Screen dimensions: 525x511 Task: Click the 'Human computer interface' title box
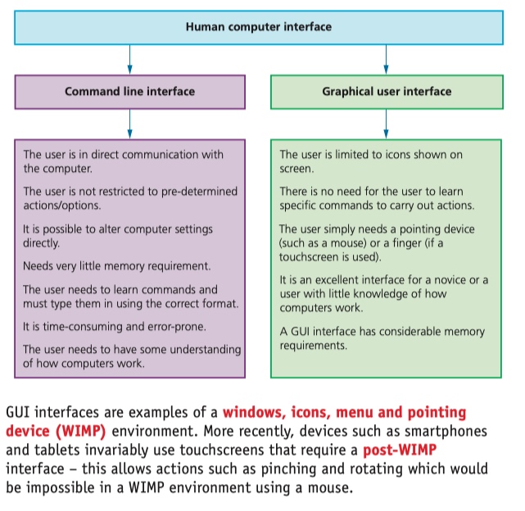coord(259,28)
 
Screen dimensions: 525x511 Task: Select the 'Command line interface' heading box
coord(130,92)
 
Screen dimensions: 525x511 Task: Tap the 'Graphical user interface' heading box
coord(387,92)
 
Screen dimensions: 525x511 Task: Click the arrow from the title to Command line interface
coord(130,60)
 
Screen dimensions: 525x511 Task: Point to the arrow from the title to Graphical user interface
coord(386,60)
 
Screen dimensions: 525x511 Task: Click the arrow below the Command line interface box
coord(130,124)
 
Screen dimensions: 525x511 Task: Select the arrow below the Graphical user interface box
coord(386,124)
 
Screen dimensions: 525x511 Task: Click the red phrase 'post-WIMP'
coord(400,450)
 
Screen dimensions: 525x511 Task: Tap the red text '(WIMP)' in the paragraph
coord(81,432)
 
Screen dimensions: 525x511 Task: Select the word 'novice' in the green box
coord(450,280)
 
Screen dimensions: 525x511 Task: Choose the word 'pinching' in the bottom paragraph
coord(288,469)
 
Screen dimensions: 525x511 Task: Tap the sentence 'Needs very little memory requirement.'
coord(117,266)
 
